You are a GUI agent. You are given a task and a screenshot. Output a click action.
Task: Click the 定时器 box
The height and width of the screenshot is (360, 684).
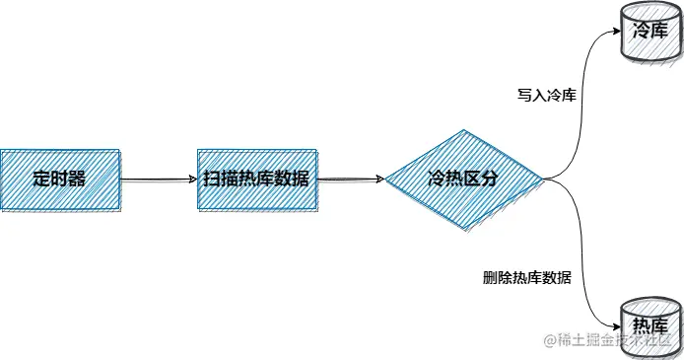(60, 180)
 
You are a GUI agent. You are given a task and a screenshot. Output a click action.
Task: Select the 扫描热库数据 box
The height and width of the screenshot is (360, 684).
(256, 180)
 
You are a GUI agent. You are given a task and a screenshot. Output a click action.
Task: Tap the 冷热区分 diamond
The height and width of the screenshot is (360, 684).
(463, 180)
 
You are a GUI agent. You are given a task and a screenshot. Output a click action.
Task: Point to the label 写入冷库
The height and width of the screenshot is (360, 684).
(546, 96)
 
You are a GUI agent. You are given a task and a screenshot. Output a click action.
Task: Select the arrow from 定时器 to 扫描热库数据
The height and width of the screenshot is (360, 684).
(158, 180)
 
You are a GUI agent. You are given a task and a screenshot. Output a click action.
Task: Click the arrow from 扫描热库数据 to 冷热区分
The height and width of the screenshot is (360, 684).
(350, 180)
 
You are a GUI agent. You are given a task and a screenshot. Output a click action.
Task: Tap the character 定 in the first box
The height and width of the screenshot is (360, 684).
(40, 180)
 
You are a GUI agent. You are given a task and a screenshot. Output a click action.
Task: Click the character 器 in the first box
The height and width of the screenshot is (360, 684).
(78, 180)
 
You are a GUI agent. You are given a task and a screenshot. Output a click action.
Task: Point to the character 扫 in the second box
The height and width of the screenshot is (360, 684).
(211, 180)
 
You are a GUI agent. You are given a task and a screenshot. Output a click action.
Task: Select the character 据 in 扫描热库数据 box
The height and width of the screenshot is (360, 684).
(301, 180)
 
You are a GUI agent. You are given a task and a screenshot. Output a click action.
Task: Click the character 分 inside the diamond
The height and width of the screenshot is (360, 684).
(490, 180)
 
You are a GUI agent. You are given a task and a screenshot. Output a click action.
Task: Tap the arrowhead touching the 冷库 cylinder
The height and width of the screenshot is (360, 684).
(612, 31)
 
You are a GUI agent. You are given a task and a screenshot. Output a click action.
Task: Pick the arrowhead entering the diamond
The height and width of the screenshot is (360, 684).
(378, 180)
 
